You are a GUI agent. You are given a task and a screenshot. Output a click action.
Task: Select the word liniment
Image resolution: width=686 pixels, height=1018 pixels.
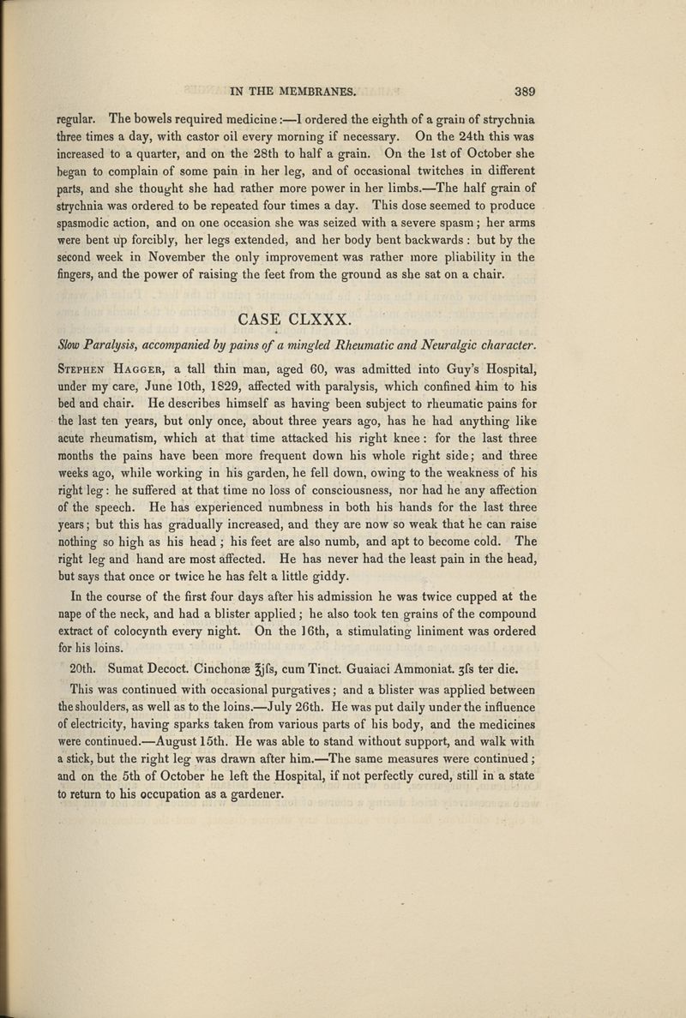pos(430,631)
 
